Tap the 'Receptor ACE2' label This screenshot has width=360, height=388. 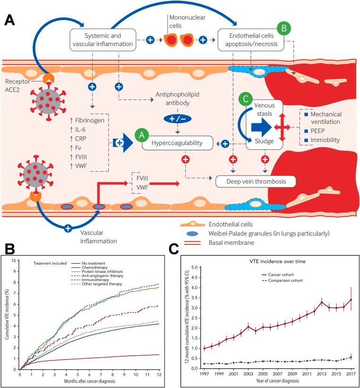pyautogui.click(x=18, y=86)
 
